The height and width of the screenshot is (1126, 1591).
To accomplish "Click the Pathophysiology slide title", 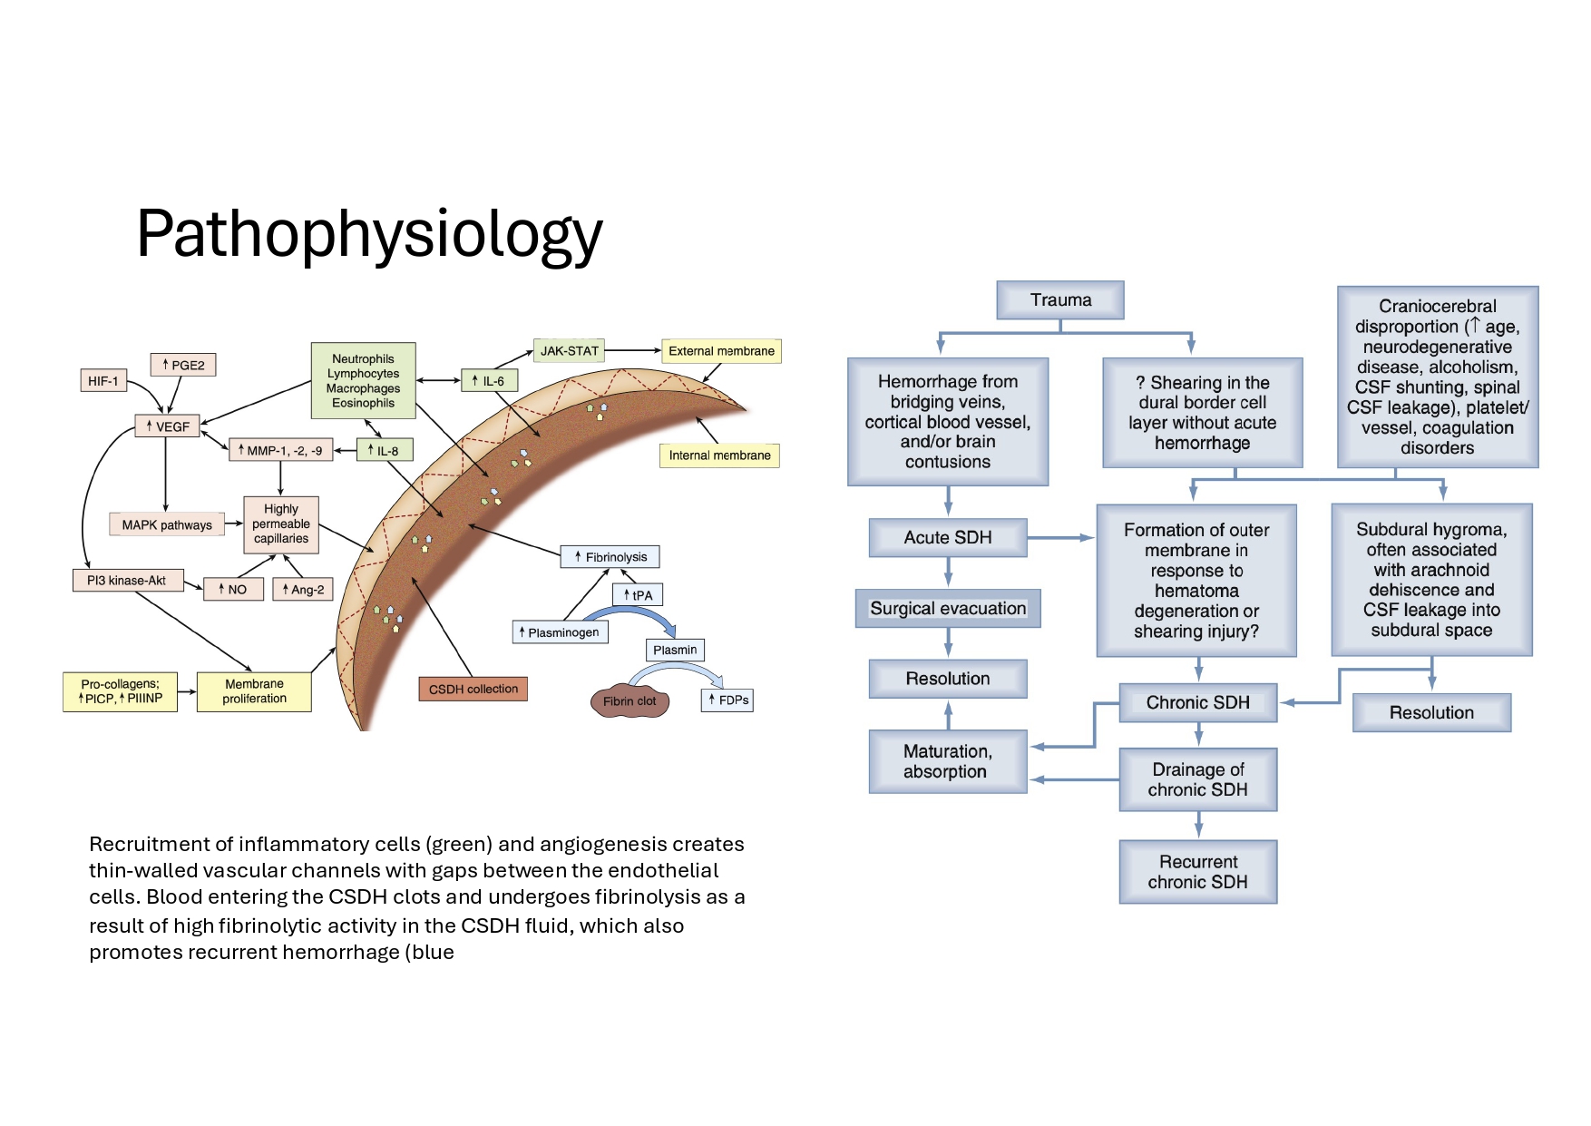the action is (369, 235).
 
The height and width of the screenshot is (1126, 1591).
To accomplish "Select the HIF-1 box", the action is (103, 381).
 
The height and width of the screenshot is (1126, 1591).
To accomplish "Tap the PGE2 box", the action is (183, 365).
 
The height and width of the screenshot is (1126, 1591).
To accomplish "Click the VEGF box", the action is (168, 426).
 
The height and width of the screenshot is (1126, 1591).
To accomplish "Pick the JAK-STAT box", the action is (570, 350).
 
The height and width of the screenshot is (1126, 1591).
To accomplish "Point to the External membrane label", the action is (721, 351).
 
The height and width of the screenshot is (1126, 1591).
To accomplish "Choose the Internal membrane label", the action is (719, 455).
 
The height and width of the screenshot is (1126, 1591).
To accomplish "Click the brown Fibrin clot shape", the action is (630, 700).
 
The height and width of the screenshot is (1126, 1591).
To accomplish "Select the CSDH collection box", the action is (473, 689).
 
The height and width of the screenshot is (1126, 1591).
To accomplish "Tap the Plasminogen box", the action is (560, 632).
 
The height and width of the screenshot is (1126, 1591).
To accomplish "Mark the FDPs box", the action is (728, 700).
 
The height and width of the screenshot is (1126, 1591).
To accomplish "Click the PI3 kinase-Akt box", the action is (128, 581).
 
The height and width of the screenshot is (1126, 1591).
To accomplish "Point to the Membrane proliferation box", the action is (254, 691).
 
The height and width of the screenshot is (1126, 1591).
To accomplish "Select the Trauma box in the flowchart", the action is (1060, 300).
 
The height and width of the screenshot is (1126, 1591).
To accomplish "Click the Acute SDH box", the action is (948, 538).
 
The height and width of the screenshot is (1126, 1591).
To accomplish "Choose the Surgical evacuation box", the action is (948, 609).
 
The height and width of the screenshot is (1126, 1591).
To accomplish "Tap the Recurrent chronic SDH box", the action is (1198, 872).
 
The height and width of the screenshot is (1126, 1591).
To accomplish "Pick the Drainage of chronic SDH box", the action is (1198, 779).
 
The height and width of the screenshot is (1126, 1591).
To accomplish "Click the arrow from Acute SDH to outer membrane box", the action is (1061, 538).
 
